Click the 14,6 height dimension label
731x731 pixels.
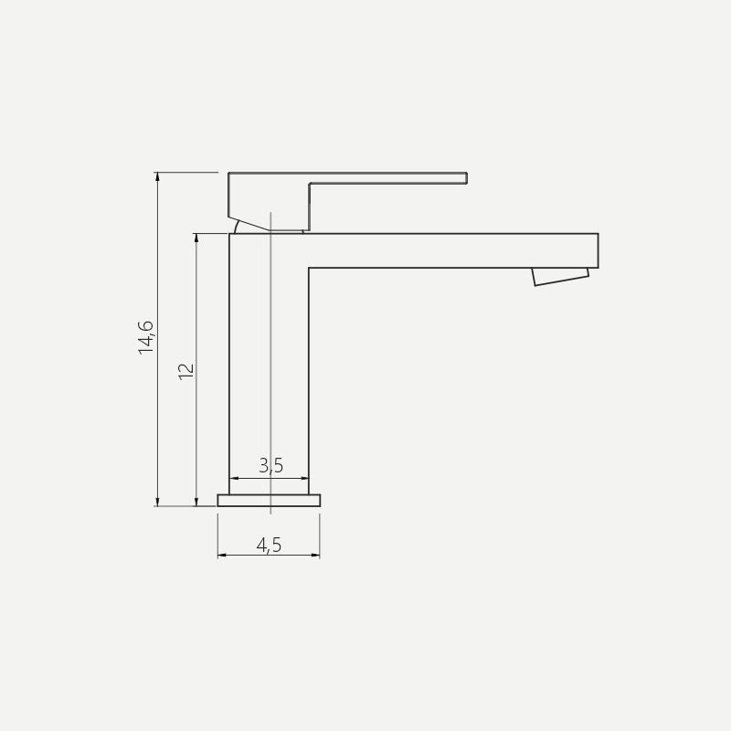click(146, 337)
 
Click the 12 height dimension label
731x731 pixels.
click(186, 372)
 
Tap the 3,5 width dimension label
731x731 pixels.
click(270, 465)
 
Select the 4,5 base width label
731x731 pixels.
click(269, 545)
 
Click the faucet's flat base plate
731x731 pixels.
click(269, 500)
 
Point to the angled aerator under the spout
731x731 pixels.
click(561, 277)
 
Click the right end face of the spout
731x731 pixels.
click(598, 250)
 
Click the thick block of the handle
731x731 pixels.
click(269, 198)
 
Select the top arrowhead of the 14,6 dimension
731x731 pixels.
click(157, 175)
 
